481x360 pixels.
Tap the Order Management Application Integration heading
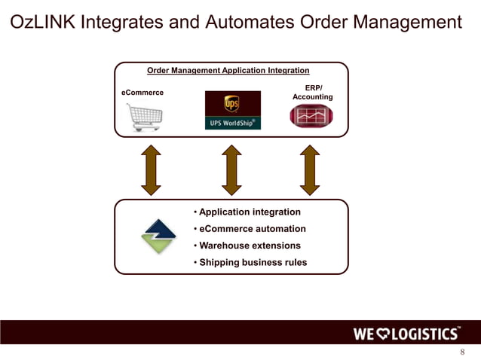click(228, 71)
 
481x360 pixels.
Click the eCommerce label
click(142, 93)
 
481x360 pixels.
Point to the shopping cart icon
click(143, 117)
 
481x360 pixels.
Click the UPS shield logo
click(232, 103)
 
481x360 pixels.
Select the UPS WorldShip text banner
click(233, 123)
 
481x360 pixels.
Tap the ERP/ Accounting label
click(312, 92)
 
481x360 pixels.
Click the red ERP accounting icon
click(311, 116)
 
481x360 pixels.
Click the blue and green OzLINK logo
click(159, 236)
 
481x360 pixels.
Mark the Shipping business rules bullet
click(250, 263)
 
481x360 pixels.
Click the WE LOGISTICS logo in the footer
click(407, 334)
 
